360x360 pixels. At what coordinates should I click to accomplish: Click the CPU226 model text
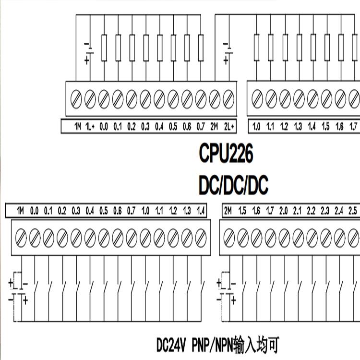pyautogui.click(x=226, y=154)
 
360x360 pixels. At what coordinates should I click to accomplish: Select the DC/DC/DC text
pyautogui.click(x=233, y=185)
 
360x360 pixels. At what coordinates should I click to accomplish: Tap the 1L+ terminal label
pyautogui.click(x=90, y=127)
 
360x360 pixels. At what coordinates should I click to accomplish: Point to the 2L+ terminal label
pyautogui.click(x=228, y=127)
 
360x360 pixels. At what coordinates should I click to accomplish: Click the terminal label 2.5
pyautogui.click(x=352, y=211)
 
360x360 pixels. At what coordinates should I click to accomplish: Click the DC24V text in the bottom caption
pyautogui.click(x=172, y=344)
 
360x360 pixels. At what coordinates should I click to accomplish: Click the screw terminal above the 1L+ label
pyautogui.click(x=90, y=99)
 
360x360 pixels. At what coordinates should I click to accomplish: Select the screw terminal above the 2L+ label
pyautogui.click(x=228, y=99)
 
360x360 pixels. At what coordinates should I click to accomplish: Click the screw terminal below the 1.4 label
pyautogui.click(x=201, y=236)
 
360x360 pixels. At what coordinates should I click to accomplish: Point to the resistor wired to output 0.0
pyautogui.click(x=104, y=48)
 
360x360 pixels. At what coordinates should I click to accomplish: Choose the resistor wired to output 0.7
pyautogui.click(x=201, y=48)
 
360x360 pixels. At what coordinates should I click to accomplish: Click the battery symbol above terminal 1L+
pyautogui.click(x=88, y=52)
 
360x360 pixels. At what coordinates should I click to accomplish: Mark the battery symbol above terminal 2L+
pyautogui.click(x=227, y=52)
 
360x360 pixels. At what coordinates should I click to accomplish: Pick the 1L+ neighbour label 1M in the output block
pyautogui.click(x=77, y=127)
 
